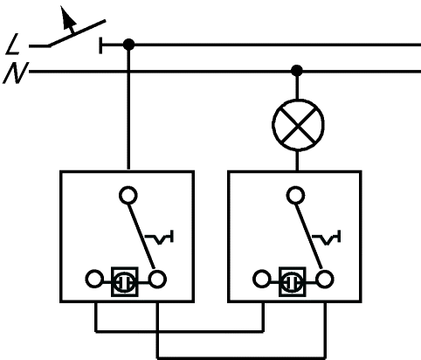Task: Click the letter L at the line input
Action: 12,45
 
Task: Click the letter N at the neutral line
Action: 15,73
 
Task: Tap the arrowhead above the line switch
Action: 68,17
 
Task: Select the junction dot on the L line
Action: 128,45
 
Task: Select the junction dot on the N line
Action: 297,71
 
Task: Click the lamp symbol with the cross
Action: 298,125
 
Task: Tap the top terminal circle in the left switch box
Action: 128,196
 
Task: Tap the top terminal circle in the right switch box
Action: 295,196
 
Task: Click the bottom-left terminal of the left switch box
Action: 94,279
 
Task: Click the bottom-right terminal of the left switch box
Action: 157,279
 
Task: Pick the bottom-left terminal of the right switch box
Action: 262,279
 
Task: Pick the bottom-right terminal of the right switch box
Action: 325,279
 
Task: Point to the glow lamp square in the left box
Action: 125,281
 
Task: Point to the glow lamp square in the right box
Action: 293,281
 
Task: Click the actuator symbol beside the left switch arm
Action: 160,237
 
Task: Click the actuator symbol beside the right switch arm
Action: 327,237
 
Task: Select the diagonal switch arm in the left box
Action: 141,236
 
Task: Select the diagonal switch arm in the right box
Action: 308,236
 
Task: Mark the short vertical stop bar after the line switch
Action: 100,45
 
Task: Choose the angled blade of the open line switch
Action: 77,33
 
